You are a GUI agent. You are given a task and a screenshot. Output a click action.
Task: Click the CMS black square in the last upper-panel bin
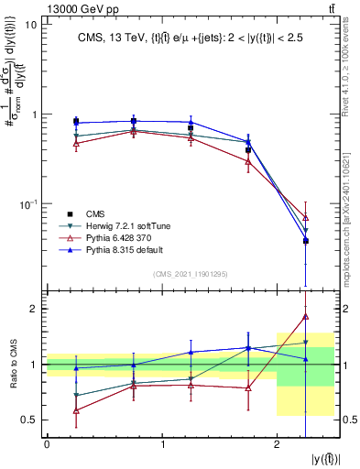tap(306, 241)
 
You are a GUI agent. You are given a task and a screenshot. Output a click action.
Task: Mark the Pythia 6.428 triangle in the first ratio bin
tap(76, 410)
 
